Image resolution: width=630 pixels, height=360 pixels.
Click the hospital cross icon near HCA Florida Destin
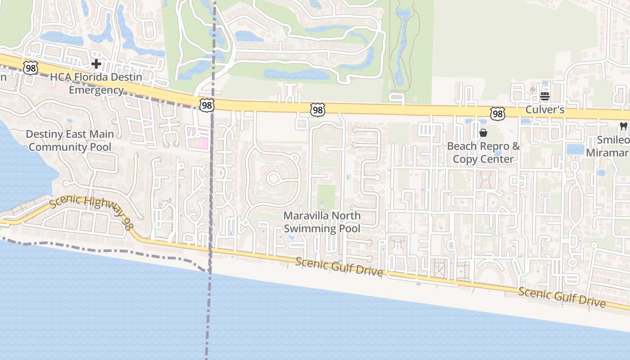click(x=96, y=64)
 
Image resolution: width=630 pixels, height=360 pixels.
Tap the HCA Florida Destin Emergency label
click(x=96, y=83)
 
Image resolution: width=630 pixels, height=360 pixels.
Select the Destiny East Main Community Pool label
click(x=70, y=140)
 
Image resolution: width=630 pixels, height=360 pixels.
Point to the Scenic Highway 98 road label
click(x=90, y=209)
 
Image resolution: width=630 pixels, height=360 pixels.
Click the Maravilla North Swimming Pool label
click(x=322, y=222)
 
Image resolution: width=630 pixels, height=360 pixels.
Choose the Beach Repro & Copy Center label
click(x=483, y=153)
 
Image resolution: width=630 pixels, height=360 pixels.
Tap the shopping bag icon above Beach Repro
click(x=483, y=133)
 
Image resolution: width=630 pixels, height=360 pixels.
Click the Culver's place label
click(x=545, y=110)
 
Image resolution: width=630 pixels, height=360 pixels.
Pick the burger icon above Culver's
click(x=545, y=96)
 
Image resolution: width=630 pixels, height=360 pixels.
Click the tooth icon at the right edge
click(x=623, y=126)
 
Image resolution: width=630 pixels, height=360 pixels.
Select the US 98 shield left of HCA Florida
click(x=31, y=68)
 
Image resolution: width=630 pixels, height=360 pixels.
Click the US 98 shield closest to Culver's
click(x=497, y=113)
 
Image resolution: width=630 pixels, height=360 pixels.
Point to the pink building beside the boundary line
click(x=198, y=137)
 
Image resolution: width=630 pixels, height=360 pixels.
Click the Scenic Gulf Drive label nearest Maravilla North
click(x=340, y=267)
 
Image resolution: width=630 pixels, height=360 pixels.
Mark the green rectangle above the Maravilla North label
click(x=326, y=197)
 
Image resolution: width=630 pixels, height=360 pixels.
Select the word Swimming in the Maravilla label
click(x=306, y=229)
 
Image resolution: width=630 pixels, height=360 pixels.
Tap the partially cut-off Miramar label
click(x=607, y=153)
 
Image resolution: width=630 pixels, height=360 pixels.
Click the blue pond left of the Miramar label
click(x=575, y=149)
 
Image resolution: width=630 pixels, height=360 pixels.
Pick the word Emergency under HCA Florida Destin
click(x=96, y=90)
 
